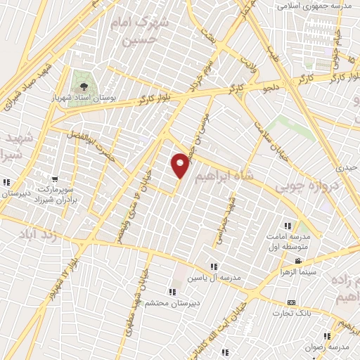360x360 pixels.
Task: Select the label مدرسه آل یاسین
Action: point(213,277)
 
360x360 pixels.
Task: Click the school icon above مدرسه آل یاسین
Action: point(214,266)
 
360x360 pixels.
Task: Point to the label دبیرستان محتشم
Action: point(172,303)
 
